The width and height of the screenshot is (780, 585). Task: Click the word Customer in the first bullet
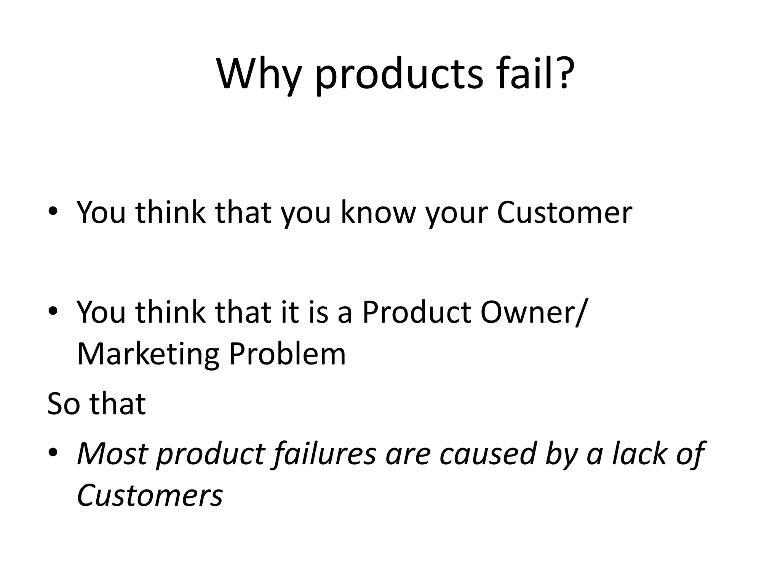[564, 212]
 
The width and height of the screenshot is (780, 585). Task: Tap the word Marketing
[148, 354]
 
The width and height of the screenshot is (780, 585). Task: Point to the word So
[63, 404]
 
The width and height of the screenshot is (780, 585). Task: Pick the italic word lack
[639, 454]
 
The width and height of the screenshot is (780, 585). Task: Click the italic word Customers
[150, 495]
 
